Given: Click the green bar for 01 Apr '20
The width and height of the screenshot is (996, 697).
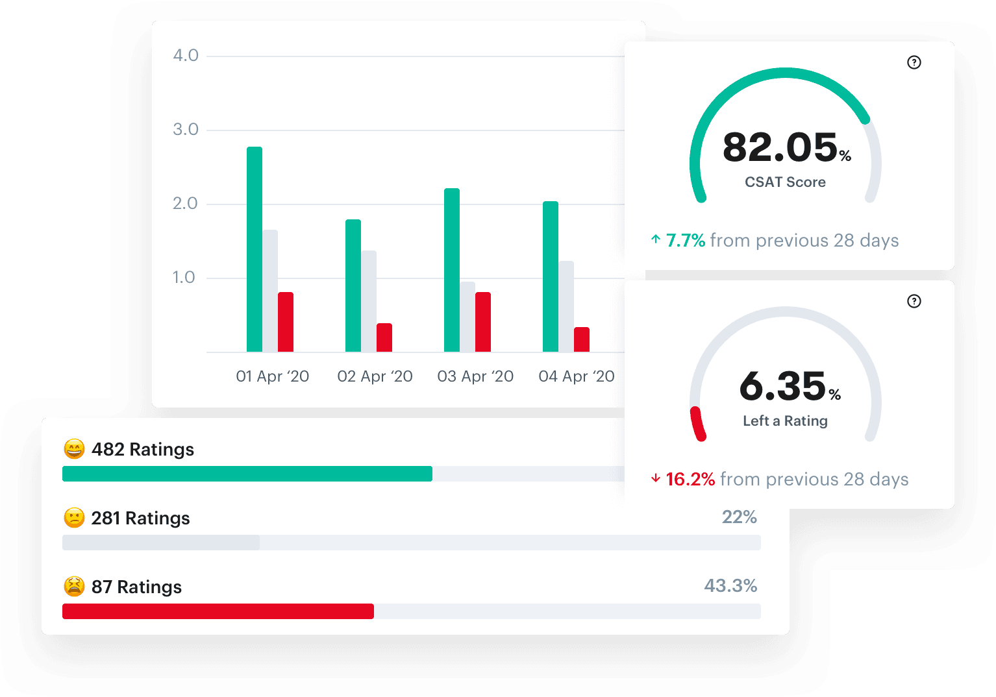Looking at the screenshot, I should (255, 249).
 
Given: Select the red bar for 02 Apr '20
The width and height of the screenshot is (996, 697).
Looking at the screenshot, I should (384, 337).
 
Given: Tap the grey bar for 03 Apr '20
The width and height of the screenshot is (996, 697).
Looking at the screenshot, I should (467, 317).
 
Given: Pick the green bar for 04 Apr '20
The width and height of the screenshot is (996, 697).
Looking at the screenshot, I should (551, 276).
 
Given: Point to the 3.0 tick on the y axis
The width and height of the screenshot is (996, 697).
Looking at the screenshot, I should (186, 129).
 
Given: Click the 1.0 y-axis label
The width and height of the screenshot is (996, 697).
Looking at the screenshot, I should (184, 277).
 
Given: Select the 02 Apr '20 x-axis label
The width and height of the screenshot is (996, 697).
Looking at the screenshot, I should (375, 376).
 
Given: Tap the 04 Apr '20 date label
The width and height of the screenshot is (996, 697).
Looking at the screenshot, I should (577, 376).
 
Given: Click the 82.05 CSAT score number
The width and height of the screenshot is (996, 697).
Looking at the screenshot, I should (780, 147).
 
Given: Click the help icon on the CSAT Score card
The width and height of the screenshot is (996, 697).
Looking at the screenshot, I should (914, 62).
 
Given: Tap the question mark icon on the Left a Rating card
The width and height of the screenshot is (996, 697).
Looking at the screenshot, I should (914, 301).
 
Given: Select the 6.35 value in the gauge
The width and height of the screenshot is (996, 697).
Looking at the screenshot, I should (783, 386).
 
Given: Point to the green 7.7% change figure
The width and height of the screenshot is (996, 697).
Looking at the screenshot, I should (686, 241).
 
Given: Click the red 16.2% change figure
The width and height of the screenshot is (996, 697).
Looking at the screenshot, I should (690, 480).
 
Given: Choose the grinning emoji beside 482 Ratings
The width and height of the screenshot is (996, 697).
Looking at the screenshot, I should (74, 449).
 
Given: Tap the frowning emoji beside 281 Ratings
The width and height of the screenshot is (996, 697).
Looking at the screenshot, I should (74, 518).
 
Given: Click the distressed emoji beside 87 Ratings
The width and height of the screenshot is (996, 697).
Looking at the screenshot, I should (74, 587).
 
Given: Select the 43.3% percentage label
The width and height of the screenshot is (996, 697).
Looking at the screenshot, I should (730, 586).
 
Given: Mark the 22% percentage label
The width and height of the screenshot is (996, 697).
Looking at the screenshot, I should (740, 517).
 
